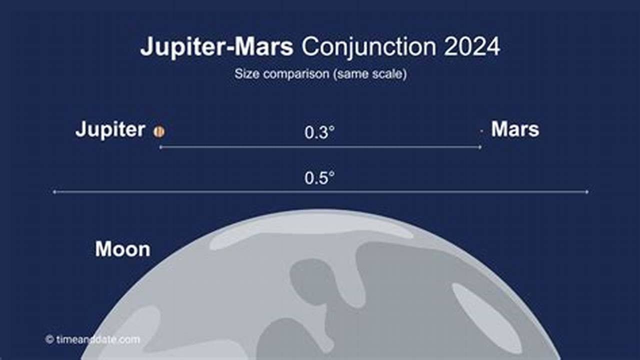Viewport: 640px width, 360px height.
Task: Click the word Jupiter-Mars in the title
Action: click(216, 47)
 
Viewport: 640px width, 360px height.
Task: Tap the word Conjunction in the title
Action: click(368, 47)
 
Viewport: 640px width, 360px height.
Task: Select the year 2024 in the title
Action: click(471, 47)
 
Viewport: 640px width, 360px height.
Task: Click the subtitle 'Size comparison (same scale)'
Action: click(320, 74)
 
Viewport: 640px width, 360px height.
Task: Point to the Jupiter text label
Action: click(110, 130)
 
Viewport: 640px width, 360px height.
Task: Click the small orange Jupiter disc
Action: click(159, 131)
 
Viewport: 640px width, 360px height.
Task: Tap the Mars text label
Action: click(515, 129)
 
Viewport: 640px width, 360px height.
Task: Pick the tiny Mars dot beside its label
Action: click(481, 131)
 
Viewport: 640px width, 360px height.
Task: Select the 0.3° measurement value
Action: click(319, 133)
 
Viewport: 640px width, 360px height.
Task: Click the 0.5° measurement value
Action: click(319, 178)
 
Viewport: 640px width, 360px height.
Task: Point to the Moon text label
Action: click(122, 249)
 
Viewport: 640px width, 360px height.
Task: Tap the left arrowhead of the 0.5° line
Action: click(54, 191)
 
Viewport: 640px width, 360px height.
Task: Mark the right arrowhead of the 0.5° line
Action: click(587, 191)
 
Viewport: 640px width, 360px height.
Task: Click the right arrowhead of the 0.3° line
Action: click(480, 147)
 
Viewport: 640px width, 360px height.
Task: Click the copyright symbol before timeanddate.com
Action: click(49, 339)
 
